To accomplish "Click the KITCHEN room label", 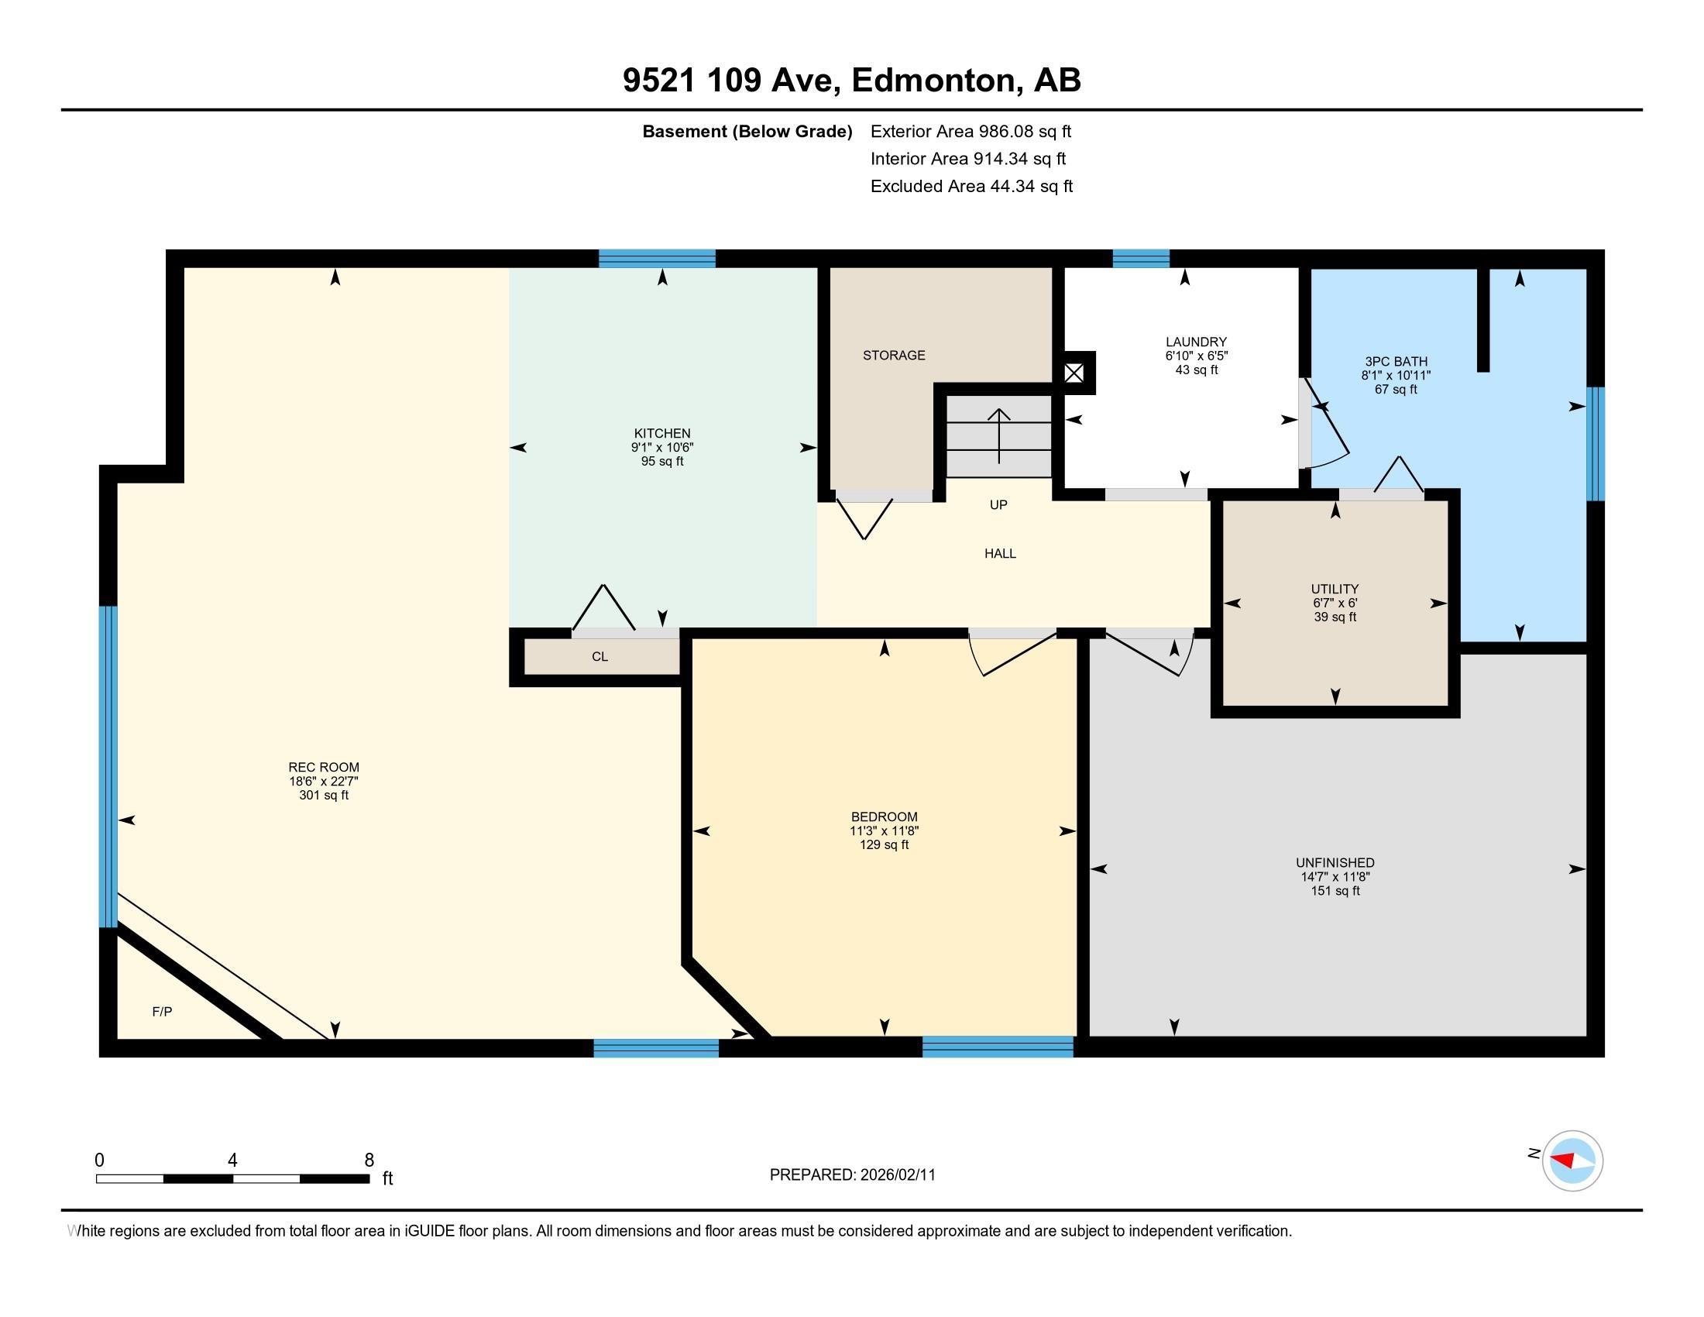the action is coord(661,434).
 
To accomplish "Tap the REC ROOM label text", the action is coord(324,768).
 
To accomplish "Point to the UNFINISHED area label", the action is coord(1335,863).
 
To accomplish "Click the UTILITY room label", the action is coord(1335,589).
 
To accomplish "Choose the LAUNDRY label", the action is coord(1196,342).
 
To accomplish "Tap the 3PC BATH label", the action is coord(1396,361).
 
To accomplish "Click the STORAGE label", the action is coord(894,355).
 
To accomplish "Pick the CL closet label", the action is coord(599,657).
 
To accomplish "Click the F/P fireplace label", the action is coord(163,1012).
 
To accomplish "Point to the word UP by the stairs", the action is coord(998,505).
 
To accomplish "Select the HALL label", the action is coord(1000,554).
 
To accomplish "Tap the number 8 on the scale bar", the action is coord(369,1161).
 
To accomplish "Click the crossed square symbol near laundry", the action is coord(1074,373).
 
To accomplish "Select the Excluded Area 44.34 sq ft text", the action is coord(971,187).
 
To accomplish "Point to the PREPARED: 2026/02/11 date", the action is coord(853,1175).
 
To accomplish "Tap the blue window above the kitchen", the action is coord(657,258).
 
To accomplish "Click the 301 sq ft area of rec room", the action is coord(324,796).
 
